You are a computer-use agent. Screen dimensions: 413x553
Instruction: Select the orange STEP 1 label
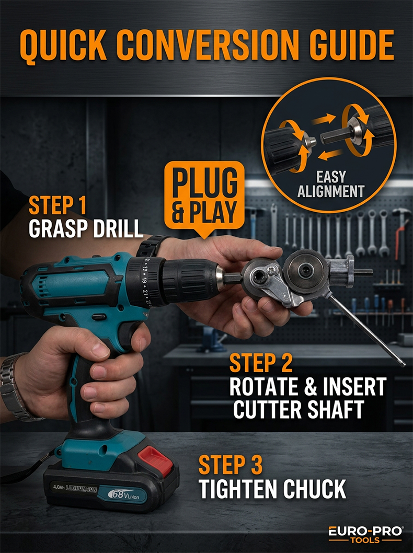coord(58,205)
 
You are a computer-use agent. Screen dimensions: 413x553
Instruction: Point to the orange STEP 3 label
coord(231,465)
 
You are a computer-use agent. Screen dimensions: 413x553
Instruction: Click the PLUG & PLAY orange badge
coord(204,198)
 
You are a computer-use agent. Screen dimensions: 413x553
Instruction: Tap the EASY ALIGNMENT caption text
coord(331,184)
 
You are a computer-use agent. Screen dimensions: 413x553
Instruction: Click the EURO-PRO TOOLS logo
coord(365,535)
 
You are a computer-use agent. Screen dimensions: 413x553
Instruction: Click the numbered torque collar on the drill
coord(145,282)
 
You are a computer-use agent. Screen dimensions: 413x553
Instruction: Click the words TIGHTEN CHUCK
coord(272,489)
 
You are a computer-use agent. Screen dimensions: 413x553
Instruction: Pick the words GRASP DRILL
coord(86,229)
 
